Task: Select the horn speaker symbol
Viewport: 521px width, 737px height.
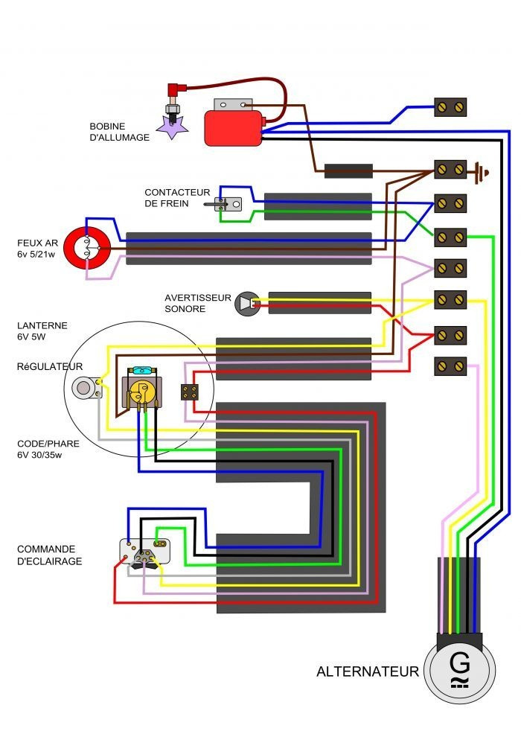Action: coord(245,302)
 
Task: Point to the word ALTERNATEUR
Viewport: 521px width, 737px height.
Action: coord(368,671)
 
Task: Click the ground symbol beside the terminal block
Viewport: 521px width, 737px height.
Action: coord(483,173)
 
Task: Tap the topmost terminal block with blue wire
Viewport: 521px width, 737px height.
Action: coord(450,107)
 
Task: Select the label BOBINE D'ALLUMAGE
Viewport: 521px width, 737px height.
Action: coord(119,132)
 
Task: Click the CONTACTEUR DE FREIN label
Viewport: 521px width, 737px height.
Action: coord(177,198)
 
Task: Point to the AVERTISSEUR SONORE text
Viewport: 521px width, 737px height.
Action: coord(197,302)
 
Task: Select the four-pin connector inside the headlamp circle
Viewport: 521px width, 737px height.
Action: coord(190,392)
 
